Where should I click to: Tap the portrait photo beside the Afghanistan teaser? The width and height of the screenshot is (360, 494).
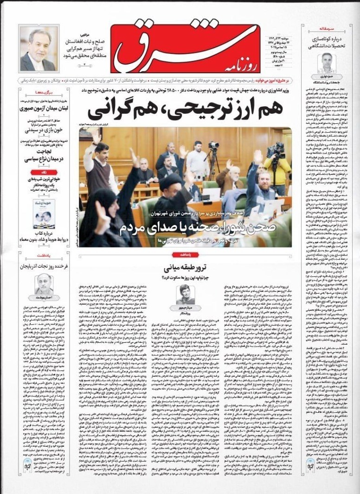pyautogui.click(x=39, y=48)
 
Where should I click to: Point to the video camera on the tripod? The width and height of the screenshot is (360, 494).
pyautogui.click(x=213, y=148)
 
